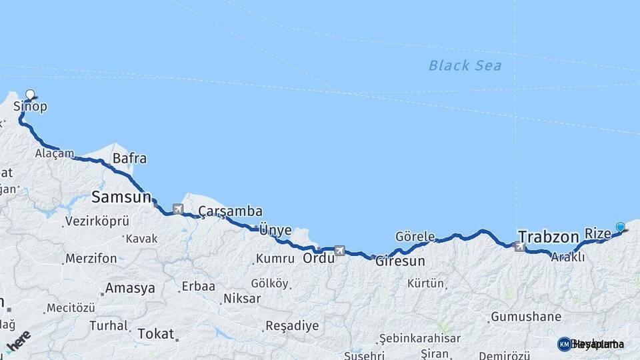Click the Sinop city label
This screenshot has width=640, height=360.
pyautogui.click(x=30, y=107)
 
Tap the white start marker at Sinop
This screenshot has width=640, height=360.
pyautogui.click(x=29, y=95)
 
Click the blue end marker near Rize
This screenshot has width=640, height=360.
pyautogui.click(x=621, y=227)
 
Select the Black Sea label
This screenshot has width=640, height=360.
pyautogui.click(x=465, y=65)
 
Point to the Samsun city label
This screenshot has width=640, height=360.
pyautogui.click(x=122, y=197)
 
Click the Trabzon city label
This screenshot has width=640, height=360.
pyautogui.click(x=548, y=237)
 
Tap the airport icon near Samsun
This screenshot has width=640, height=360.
pyautogui.click(x=178, y=209)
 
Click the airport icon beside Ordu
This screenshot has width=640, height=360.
pyautogui.click(x=340, y=251)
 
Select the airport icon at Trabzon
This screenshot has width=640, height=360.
pyautogui.click(x=520, y=247)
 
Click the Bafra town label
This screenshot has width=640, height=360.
pyautogui.click(x=129, y=159)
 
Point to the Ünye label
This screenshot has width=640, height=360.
pyautogui.click(x=275, y=230)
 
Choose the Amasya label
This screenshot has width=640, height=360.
pyautogui.click(x=130, y=289)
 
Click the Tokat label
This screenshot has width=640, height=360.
pyautogui.click(x=155, y=333)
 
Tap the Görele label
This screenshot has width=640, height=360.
pyautogui.click(x=415, y=237)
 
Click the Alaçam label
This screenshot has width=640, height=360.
pyautogui.click(x=55, y=153)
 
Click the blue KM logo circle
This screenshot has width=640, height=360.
pyautogui.click(x=565, y=344)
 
